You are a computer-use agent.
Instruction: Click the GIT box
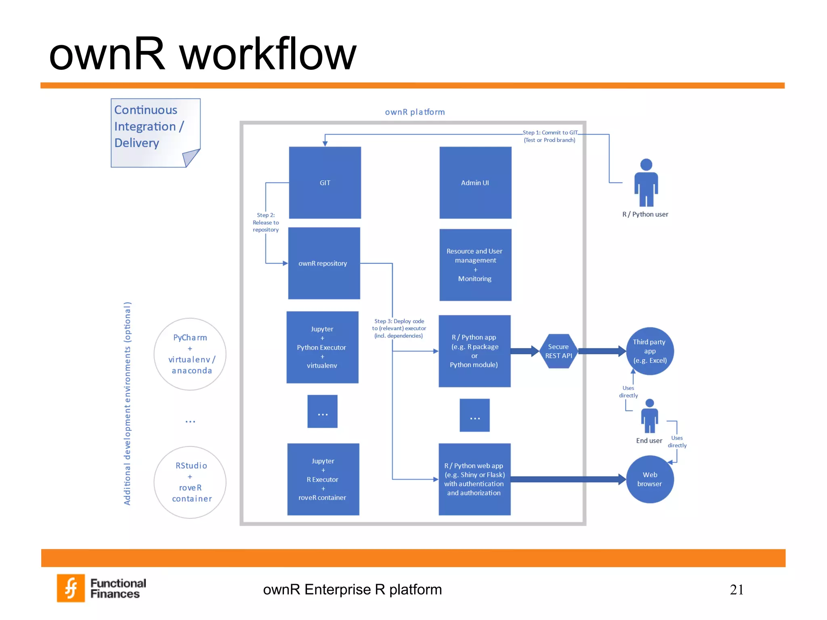[325, 182]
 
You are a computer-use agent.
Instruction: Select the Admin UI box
[475, 182]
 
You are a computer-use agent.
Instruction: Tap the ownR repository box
[324, 263]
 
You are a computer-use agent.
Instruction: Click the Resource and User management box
[475, 265]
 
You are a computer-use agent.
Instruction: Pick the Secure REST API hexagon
[558, 351]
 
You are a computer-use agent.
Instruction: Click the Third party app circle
[649, 351]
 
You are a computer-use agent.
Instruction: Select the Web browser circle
[649, 479]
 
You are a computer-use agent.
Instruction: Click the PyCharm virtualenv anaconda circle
[190, 354]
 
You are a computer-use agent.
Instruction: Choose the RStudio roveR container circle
[190, 482]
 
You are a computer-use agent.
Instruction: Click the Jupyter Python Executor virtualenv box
[322, 347]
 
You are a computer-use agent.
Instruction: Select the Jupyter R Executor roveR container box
[323, 479]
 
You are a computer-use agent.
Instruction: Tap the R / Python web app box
[474, 479]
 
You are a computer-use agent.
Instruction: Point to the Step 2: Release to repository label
[266, 222]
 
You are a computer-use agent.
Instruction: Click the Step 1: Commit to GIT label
[550, 136]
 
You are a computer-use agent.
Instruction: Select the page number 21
[736, 590]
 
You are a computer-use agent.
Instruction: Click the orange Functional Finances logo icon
[71, 588]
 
